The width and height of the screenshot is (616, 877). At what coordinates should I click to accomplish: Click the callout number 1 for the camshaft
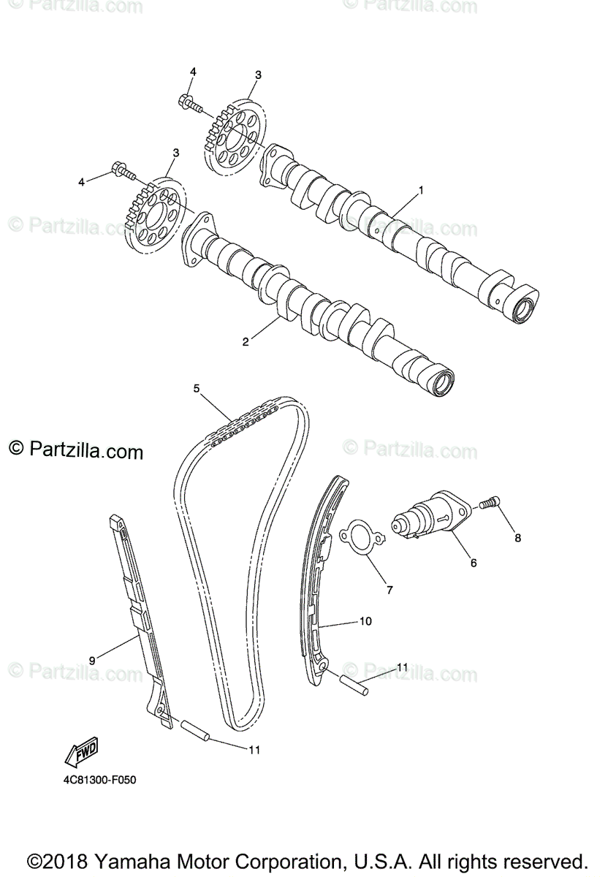pyautogui.click(x=421, y=190)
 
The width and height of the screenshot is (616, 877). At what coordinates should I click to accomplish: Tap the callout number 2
pyautogui.click(x=246, y=341)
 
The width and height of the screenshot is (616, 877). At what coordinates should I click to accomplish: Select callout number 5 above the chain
pyautogui.click(x=197, y=389)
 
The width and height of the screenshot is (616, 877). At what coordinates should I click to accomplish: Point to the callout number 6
pyautogui.click(x=473, y=563)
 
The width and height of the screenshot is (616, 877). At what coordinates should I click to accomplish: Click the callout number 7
pyautogui.click(x=389, y=589)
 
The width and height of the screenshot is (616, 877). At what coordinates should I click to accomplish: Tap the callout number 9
pyautogui.click(x=92, y=660)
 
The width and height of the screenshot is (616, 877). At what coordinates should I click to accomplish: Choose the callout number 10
pyautogui.click(x=365, y=621)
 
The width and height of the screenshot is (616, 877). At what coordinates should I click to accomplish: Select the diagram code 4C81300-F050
pyautogui.click(x=99, y=780)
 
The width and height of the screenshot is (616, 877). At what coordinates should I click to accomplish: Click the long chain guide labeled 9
pyautogui.click(x=139, y=621)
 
